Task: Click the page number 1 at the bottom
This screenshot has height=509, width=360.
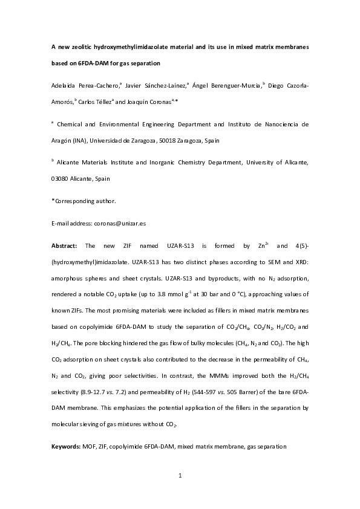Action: pyautogui.click(x=180, y=476)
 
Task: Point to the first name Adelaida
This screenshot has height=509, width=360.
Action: pyautogui.click(x=67, y=86)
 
